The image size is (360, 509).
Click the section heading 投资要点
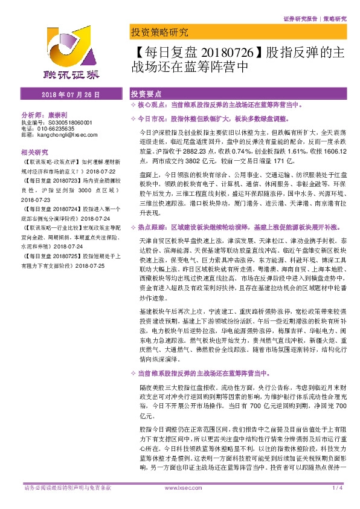tap(146, 95)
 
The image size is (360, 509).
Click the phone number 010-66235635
tap(59, 128)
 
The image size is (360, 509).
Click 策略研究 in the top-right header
tap(335, 19)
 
